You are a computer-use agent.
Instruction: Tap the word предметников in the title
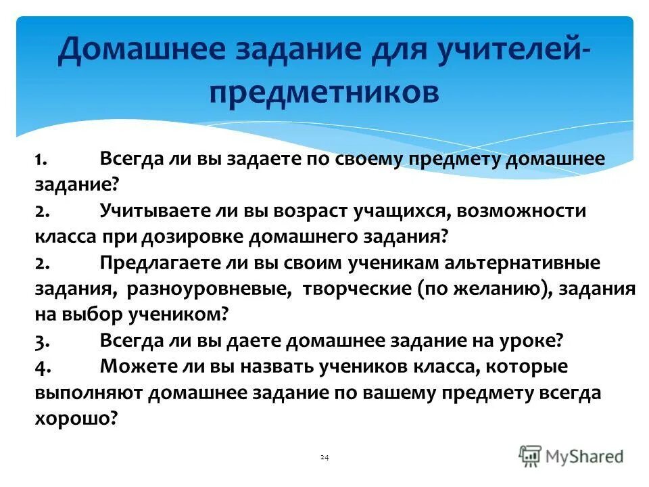point(324,91)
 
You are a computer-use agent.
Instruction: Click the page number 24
point(324,459)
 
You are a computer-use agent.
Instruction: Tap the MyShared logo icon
point(531,456)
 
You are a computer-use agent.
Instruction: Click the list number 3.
point(41,341)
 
